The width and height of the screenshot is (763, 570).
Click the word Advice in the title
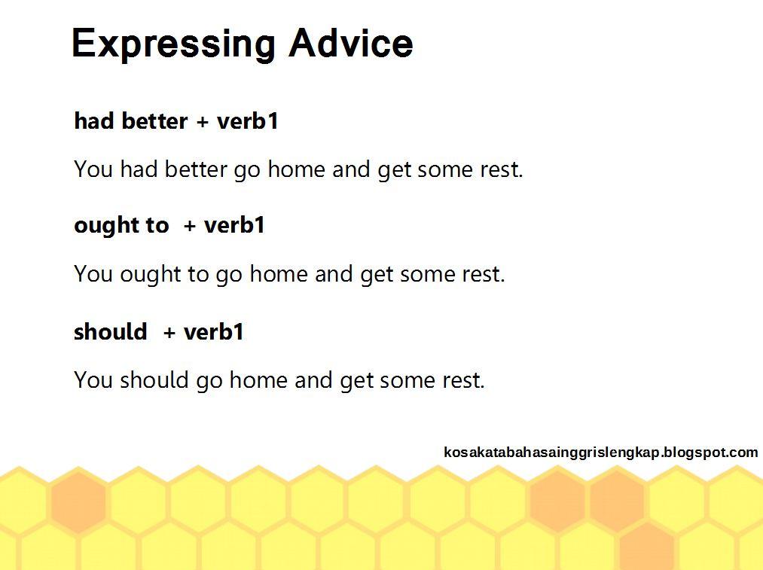coord(351,43)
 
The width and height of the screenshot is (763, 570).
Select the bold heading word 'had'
coord(94,120)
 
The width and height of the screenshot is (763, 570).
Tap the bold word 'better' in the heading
coord(154,120)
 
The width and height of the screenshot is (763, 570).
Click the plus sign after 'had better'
coord(203,122)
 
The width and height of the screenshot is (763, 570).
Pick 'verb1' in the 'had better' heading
coord(247,120)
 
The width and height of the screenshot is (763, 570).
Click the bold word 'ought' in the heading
coord(102,226)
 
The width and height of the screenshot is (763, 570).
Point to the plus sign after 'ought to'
coord(190,226)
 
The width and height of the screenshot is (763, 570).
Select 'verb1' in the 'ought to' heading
coord(234,224)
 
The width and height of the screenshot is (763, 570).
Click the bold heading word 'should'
coord(111,332)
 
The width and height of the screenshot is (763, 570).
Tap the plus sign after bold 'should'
coord(169,333)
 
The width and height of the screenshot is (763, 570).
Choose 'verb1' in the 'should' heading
coord(214,332)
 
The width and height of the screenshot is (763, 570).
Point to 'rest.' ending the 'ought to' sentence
coord(484,274)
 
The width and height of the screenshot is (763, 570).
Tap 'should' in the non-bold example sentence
coord(154,379)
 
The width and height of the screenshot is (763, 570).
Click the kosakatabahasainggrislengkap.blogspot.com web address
coord(600,453)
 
